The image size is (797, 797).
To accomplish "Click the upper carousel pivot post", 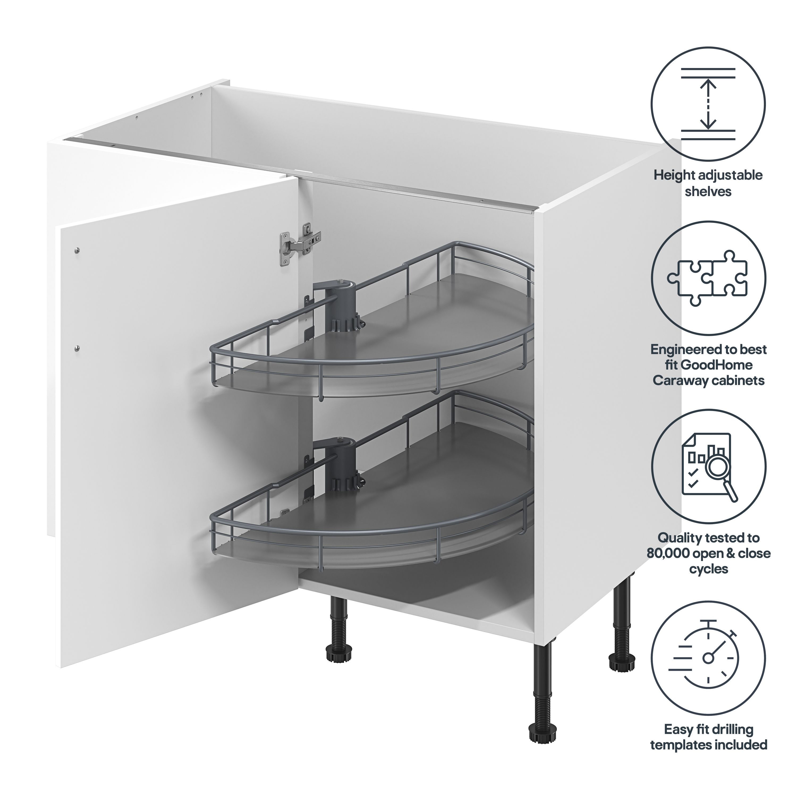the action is pos(342,308).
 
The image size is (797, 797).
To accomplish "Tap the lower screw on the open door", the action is pos(77,349).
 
